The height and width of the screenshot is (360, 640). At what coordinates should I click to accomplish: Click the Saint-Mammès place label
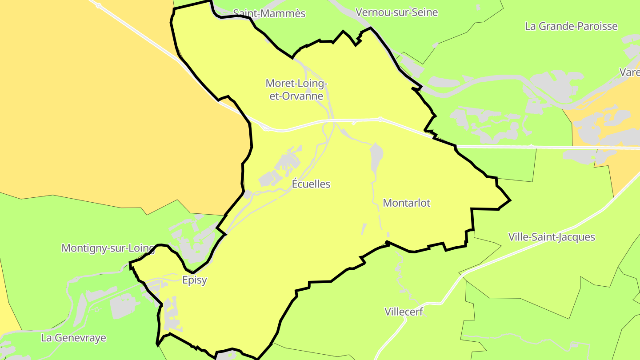(269, 13)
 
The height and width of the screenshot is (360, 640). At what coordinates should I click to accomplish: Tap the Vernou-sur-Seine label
(397, 12)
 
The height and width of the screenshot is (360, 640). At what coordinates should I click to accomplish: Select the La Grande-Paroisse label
(571, 26)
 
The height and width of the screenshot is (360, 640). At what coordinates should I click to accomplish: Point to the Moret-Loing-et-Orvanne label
(296, 89)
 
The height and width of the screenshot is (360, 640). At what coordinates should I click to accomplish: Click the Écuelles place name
(311, 184)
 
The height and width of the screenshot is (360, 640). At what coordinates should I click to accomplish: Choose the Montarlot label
(407, 203)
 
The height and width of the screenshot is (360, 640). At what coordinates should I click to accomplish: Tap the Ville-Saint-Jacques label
(552, 237)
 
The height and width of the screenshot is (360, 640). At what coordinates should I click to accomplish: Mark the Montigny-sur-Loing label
(108, 248)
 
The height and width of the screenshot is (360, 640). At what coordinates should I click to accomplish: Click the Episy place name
(195, 280)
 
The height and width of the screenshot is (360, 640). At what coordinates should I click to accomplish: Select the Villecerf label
(404, 311)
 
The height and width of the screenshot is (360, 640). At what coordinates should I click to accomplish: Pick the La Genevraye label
(74, 338)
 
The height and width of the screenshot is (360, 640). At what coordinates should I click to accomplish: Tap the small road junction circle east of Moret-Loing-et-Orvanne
(380, 119)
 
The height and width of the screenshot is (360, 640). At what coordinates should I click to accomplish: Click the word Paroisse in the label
(594, 26)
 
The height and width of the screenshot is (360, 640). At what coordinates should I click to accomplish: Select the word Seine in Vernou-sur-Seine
(424, 12)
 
